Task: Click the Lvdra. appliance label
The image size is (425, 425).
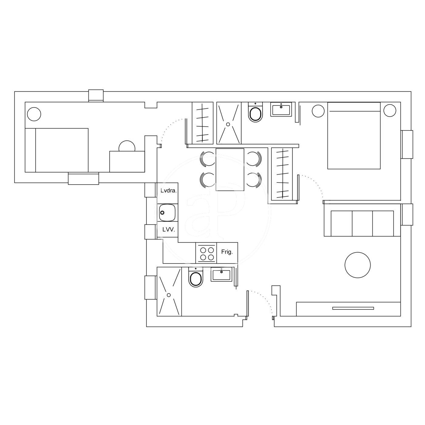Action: point(168,191)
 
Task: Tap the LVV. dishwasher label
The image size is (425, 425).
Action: point(169,229)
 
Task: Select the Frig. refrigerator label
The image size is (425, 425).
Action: point(227,252)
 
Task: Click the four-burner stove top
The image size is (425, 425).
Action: point(206,253)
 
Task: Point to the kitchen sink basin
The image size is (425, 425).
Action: point(167,212)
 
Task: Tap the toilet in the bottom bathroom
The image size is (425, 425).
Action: point(195,277)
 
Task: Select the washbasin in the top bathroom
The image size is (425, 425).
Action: point(281,109)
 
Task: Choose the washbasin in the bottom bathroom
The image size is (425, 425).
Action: point(221,274)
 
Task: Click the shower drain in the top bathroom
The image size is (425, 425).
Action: point(228,124)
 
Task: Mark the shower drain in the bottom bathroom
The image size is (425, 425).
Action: point(169,295)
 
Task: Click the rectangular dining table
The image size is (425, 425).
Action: point(230,170)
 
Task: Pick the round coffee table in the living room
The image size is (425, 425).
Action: point(358,265)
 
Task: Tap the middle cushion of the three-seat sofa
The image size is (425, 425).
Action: point(362,223)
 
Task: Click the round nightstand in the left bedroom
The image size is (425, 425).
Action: point(34,114)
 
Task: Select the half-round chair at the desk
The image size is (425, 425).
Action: point(127,146)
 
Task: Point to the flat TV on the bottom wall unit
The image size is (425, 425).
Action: point(353,308)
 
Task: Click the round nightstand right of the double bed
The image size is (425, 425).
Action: point(390,110)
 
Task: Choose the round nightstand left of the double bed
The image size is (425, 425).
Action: point(318,111)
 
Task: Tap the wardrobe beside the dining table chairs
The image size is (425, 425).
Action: point(282,174)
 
